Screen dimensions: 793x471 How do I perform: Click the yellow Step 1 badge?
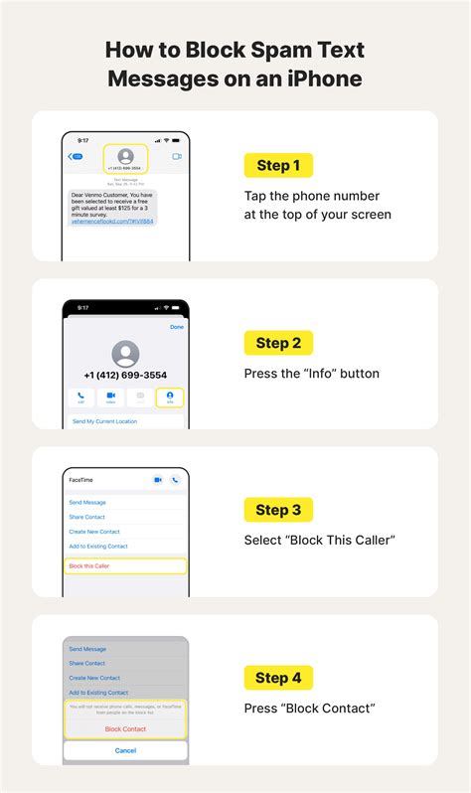pos(278,165)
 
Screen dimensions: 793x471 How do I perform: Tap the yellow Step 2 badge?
pos(278,343)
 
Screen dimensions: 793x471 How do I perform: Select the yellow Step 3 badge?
pos(278,510)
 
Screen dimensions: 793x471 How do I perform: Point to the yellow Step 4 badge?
pos(278,678)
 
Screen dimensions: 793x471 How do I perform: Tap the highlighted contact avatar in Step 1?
pos(125,158)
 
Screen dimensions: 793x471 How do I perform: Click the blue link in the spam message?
pos(111,222)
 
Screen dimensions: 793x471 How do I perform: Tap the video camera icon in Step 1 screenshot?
pos(177,157)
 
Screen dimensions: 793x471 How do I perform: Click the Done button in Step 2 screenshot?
pos(177,326)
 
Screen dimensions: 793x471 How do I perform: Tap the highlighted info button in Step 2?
pos(170,397)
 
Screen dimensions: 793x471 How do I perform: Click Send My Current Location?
pos(104,421)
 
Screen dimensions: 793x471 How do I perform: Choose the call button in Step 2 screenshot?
pos(81,397)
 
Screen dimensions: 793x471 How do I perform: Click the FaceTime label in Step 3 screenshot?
pos(81,479)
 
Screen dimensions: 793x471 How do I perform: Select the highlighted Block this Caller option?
pos(125,565)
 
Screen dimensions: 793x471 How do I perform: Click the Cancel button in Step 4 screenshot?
pos(125,750)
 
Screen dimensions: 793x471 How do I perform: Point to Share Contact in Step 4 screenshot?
pos(87,663)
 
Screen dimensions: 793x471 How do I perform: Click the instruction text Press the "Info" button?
pos(312,374)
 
